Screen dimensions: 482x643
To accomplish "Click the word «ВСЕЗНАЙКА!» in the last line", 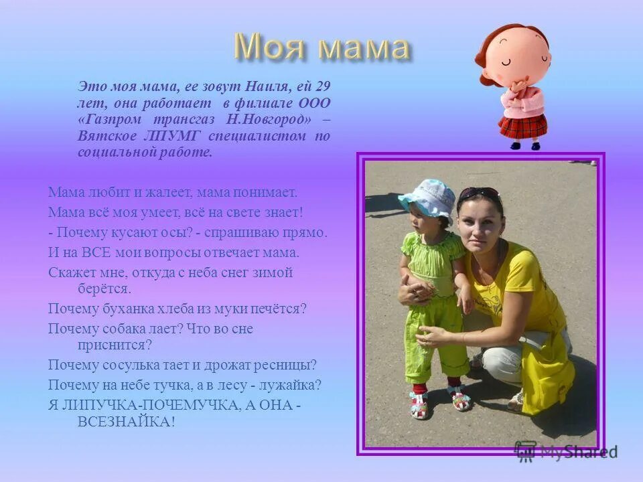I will (x=127, y=422).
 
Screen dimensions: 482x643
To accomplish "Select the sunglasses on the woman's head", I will (x=480, y=194).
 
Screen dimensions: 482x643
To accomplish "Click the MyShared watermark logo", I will (x=566, y=451).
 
